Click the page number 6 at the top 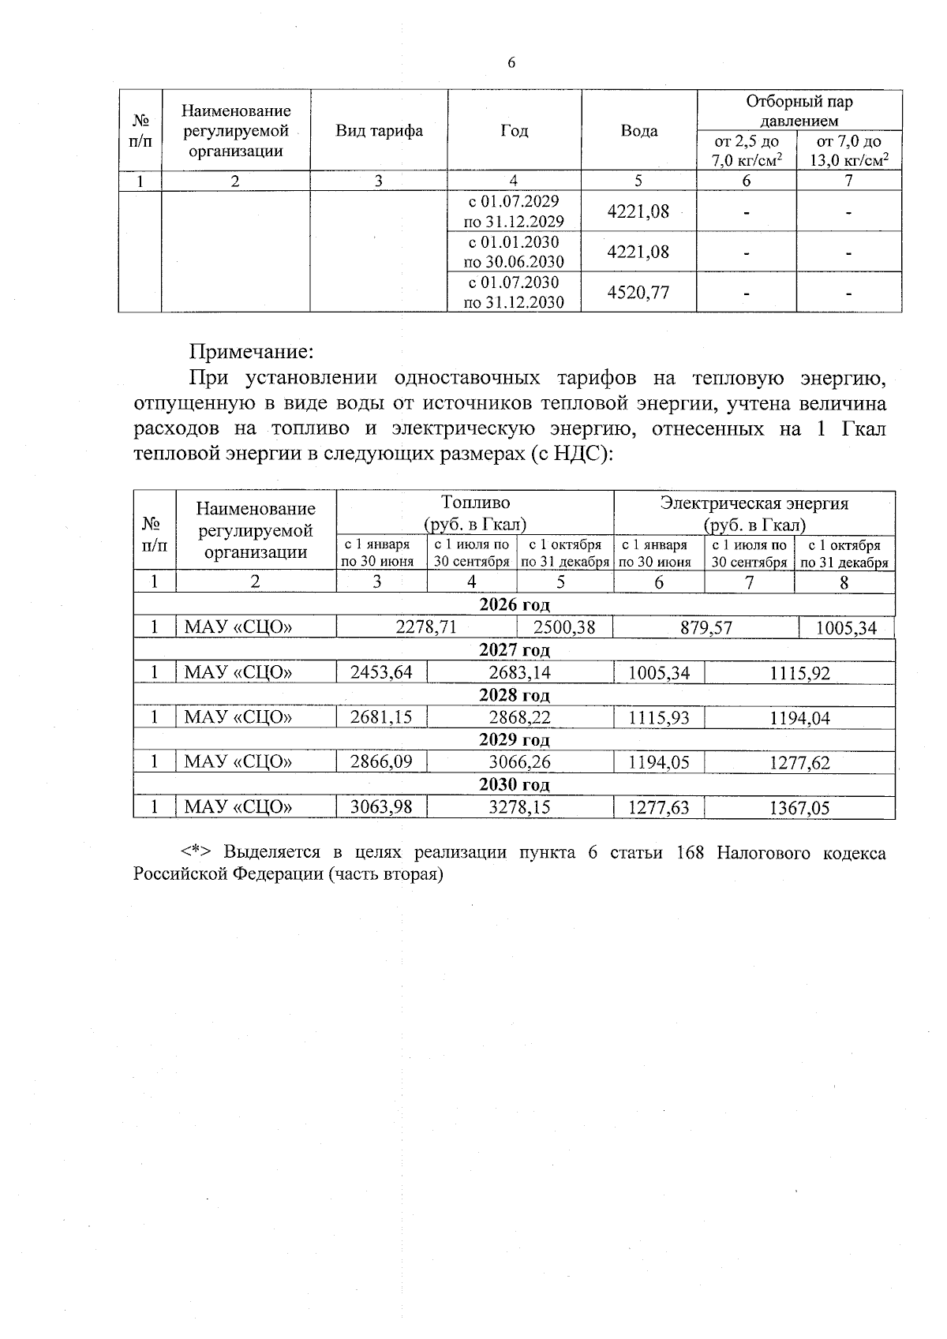511,63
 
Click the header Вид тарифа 379,131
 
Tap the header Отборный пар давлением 799,110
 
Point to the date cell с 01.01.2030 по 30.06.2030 514,252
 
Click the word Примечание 252,350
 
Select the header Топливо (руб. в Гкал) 475,513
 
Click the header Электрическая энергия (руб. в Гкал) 754,513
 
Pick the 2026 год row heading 514,605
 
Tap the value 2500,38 564,627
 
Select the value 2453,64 381,672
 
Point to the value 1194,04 799,717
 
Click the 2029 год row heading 514,740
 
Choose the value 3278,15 519,807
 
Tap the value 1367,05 799,807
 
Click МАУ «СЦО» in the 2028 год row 238,717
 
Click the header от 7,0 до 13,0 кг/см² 849,151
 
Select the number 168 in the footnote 691,853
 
